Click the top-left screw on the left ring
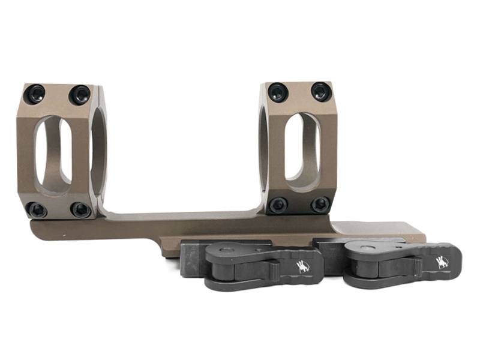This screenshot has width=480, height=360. tap(35, 94)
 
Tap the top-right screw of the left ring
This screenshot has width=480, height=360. tap(79, 94)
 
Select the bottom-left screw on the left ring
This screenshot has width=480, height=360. tap(37, 209)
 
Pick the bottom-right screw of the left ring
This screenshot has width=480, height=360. tap(80, 209)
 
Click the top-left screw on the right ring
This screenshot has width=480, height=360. tap(278, 92)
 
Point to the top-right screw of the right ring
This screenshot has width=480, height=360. tap(321, 91)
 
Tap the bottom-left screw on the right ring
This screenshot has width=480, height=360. tap(278, 205)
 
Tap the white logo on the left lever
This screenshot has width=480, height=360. tap(303, 266)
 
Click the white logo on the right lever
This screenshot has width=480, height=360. tap(442, 262)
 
